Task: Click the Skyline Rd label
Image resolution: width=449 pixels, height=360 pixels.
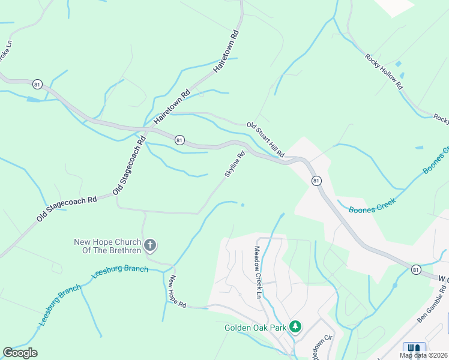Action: [x=235, y=163]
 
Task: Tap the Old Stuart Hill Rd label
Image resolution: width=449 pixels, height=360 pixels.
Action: [x=265, y=140]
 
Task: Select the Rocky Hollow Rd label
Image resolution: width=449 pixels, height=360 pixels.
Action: [x=384, y=71]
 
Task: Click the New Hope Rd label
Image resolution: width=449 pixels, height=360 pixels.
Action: [x=177, y=292]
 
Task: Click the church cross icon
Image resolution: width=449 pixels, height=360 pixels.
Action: [x=151, y=245]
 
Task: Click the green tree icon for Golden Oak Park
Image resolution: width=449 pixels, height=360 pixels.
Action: [x=295, y=327]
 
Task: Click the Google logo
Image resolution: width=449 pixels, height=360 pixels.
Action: [x=20, y=353]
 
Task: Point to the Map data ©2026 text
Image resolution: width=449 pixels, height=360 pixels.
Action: [x=424, y=355]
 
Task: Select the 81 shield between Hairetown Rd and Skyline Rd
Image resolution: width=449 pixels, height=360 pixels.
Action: [x=179, y=140]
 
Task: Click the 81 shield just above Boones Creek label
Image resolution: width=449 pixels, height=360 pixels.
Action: [x=316, y=181]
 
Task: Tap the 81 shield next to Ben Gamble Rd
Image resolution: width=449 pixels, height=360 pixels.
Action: [x=415, y=271]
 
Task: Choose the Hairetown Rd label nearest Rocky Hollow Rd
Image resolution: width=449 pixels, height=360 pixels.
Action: [x=227, y=52]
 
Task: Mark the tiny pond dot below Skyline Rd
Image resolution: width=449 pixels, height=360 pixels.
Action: [x=243, y=205]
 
